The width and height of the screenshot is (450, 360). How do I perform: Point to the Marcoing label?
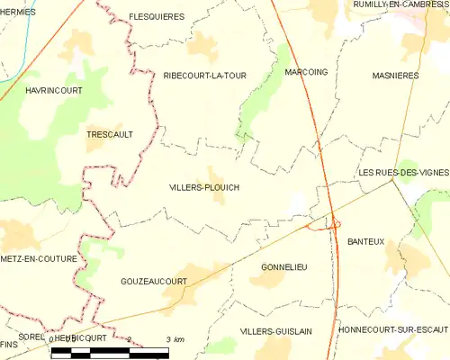303,71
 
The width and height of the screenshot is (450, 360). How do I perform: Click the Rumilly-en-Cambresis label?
402,5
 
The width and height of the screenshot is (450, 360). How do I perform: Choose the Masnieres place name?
395,76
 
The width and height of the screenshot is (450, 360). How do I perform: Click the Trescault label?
109,134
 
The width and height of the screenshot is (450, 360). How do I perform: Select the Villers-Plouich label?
204,187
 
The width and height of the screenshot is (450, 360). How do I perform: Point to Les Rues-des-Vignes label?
403,172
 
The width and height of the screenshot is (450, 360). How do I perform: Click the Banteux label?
365,241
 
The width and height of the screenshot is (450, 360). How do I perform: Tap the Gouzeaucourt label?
153,282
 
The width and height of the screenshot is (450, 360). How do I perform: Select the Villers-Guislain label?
276,331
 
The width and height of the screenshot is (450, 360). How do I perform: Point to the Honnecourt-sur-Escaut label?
392,331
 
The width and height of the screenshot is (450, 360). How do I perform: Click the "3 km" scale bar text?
175,338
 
